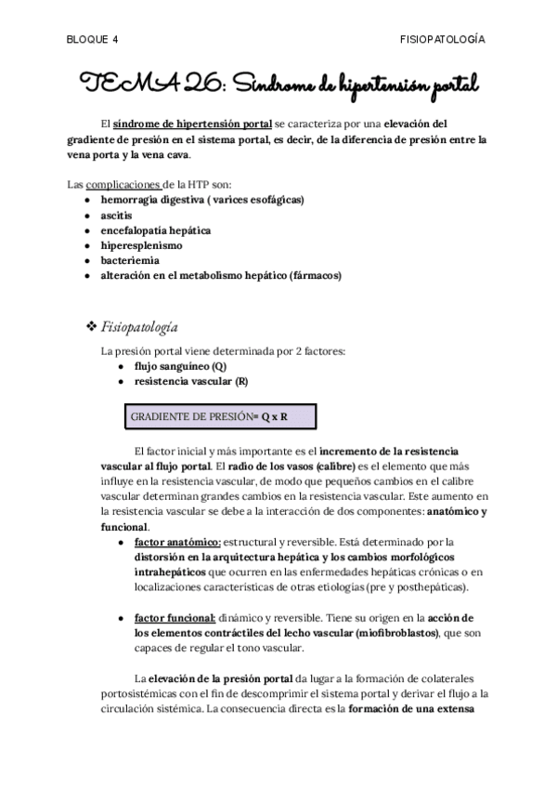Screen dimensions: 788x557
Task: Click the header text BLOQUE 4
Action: point(93,40)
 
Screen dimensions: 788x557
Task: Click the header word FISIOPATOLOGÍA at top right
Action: point(441,40)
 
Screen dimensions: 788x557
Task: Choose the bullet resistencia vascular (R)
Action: point(190,381)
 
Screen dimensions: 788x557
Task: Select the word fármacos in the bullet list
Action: point(316,276)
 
